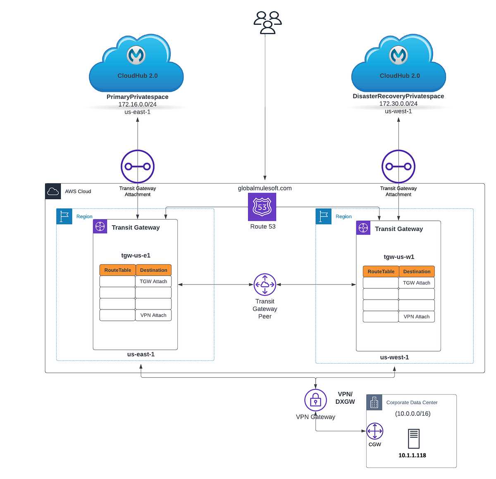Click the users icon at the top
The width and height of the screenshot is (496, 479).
(x=267, y=22)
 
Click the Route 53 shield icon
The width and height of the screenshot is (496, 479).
(x=262, y=207)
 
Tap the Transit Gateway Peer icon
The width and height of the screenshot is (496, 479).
(x=265, y=285)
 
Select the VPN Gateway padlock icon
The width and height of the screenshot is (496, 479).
(x=315, y=400)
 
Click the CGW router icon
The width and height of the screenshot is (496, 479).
(x=374, y=431)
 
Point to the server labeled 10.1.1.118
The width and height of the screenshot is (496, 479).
(x=413, y=439)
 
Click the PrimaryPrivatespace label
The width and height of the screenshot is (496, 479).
(x=137, y=97)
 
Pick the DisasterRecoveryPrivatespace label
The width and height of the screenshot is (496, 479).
(x=398, y=96)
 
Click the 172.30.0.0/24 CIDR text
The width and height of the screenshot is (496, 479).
(x=398, y=104)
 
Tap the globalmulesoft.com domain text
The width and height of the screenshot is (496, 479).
(x=265, y=188)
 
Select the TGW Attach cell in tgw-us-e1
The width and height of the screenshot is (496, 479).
(x=153, y=281)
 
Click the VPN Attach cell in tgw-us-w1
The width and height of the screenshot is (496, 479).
(x=416, y=317)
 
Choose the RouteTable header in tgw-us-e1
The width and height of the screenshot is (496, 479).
(x=117, y=270)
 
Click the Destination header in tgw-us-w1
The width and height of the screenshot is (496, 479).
(x=417, y=272)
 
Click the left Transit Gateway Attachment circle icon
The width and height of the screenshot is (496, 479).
(x=138, y=167)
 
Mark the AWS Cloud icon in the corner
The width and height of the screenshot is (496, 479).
(x=53, y=191)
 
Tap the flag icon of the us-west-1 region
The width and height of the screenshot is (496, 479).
(x=324, y=216)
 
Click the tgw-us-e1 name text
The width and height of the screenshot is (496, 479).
(x=136, y=255)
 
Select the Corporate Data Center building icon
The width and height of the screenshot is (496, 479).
(x=374, y=402)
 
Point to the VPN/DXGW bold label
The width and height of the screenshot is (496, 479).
(x=345, y=398)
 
